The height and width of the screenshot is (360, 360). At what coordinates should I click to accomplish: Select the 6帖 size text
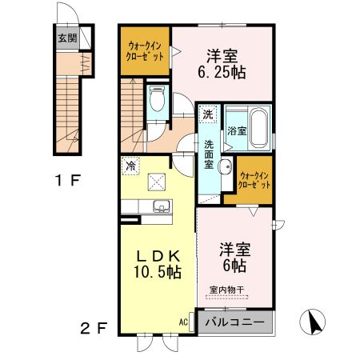235,265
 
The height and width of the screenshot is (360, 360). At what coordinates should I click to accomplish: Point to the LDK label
160,256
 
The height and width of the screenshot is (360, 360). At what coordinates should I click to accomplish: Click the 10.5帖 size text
160,272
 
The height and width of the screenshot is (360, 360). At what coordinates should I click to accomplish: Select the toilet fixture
157,102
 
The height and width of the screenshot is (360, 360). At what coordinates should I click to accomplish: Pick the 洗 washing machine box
208,114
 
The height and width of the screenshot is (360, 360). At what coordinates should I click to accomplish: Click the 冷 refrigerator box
130,166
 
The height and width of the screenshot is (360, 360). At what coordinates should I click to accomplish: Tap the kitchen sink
161,207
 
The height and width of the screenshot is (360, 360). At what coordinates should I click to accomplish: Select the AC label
183,322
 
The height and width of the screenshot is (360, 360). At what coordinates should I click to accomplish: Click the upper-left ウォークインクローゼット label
145,52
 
